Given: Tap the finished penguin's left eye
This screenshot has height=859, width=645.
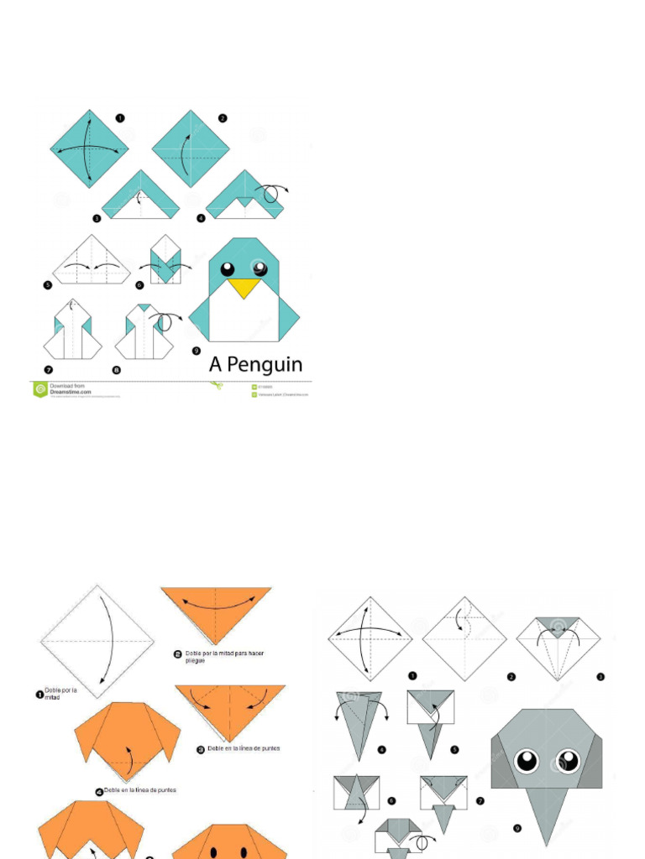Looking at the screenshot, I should tap(228, 269).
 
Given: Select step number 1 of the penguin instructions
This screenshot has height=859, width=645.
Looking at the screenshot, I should tap(120, 118).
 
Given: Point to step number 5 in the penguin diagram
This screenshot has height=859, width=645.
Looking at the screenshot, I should tap(48, 285).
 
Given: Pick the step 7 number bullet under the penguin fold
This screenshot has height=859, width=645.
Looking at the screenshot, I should tap(48, 369).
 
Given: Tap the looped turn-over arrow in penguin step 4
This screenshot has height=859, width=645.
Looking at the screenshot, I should tap(271, 194).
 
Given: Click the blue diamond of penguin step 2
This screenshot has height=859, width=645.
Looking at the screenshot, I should tap(191, 148).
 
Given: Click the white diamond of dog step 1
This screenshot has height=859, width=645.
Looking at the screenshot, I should tap(97, 642).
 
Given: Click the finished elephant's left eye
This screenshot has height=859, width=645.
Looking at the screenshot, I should tap(527, 761).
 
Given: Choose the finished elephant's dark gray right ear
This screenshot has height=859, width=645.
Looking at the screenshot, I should tap(589, 760).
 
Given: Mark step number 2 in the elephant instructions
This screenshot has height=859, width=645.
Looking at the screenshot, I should tap(511, 675).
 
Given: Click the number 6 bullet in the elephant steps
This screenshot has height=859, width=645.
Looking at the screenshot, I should tap(391, 800).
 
